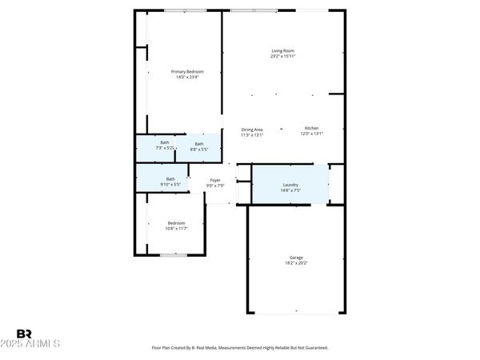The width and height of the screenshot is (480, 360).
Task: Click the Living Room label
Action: [x=282, y=50]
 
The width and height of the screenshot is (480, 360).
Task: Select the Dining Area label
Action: [x=252, y=129]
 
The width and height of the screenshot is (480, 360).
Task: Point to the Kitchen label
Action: [x=311, y=128]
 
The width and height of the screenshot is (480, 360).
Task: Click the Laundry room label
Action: [x=290, y=184]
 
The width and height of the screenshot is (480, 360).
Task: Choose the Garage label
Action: [x=296, y=257]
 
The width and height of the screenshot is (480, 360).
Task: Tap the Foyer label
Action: [x=215, y=180]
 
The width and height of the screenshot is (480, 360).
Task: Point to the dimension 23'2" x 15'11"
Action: [x=282, y=57]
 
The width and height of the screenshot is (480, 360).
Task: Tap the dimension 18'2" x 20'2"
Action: [x=296, y=263]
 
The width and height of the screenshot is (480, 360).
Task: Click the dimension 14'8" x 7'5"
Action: [x=290, y=190]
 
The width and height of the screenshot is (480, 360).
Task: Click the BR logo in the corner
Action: [x=24, y=334]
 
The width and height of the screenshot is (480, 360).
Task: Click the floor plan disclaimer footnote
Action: [x=240, y=348]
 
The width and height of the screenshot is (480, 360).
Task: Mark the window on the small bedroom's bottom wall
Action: [x=174, y=255]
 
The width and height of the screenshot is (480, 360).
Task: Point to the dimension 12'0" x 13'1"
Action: [x=311, y=134]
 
